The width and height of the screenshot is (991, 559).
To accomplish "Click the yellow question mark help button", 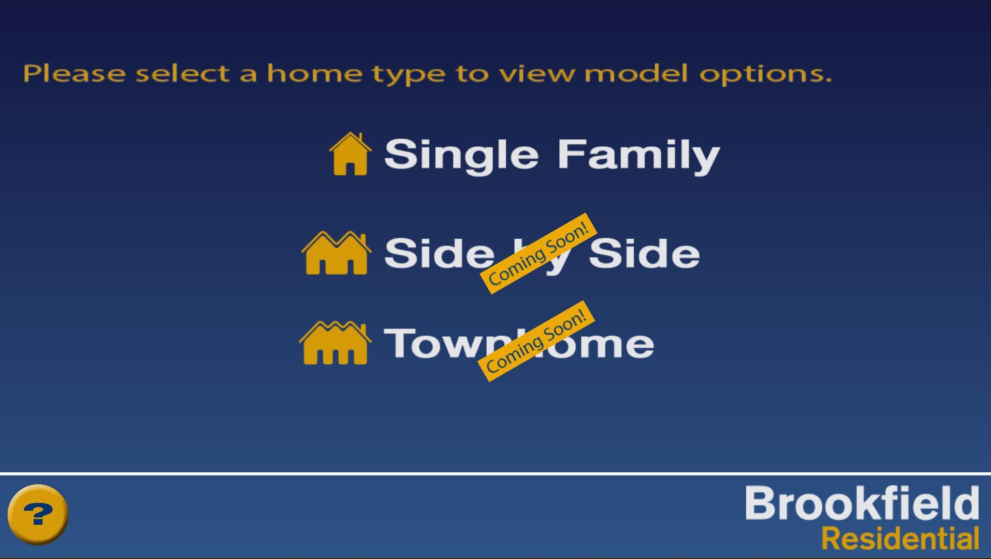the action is point(38,514).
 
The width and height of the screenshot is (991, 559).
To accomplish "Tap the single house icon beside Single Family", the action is point(350,154).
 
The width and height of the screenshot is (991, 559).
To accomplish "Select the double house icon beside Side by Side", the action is point(336,253).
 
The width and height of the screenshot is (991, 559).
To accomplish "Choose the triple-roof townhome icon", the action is point(335,343).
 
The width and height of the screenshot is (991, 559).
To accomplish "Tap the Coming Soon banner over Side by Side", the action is point(539,253).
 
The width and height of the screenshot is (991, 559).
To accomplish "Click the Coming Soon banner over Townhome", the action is point(536,341).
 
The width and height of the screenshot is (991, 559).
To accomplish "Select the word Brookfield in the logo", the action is point(862,503).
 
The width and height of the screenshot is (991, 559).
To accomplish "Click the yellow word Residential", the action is point(901,538).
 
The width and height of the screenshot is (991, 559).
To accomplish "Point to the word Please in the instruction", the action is point(74,73).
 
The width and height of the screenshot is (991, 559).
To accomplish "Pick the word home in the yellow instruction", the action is point(315,73).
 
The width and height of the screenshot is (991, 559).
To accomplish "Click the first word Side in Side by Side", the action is point(439,253).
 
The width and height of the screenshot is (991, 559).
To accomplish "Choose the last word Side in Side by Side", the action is point(644,253).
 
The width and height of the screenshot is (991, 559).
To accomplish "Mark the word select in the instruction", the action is point(183,73).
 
